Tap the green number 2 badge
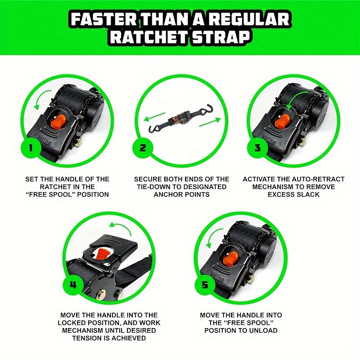click(x=143, y=148)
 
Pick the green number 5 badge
click(x=206, y=284)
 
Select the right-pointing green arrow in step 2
click(x=209, y=121)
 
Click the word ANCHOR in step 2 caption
click(x=169, y=195)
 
